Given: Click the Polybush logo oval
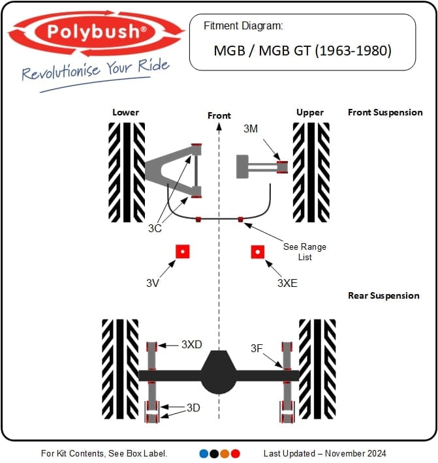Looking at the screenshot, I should pos(97,31).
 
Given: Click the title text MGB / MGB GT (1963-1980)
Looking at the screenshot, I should pos(302,50).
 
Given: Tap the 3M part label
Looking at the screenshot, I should pos(251,129).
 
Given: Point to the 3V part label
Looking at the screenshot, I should pos(153,283).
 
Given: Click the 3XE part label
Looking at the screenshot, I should pos(287,283).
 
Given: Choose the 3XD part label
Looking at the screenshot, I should pos(192,344).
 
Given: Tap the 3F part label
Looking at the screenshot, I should pos(258,349).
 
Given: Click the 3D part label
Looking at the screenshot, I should pos(193,408).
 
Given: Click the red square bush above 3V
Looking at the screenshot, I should pos(182,252).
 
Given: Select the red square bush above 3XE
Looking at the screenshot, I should pos(258,252).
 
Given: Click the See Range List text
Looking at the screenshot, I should pos(304,252).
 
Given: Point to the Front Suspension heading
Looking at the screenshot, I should pos(385,112).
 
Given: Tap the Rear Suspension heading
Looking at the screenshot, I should pos(384,295).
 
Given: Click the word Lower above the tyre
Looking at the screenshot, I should pos(125,112).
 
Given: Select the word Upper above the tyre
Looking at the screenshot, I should pos(309,112).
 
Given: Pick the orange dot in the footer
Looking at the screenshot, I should pos(225,453).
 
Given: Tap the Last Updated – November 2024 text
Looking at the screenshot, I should pos(324,453).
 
